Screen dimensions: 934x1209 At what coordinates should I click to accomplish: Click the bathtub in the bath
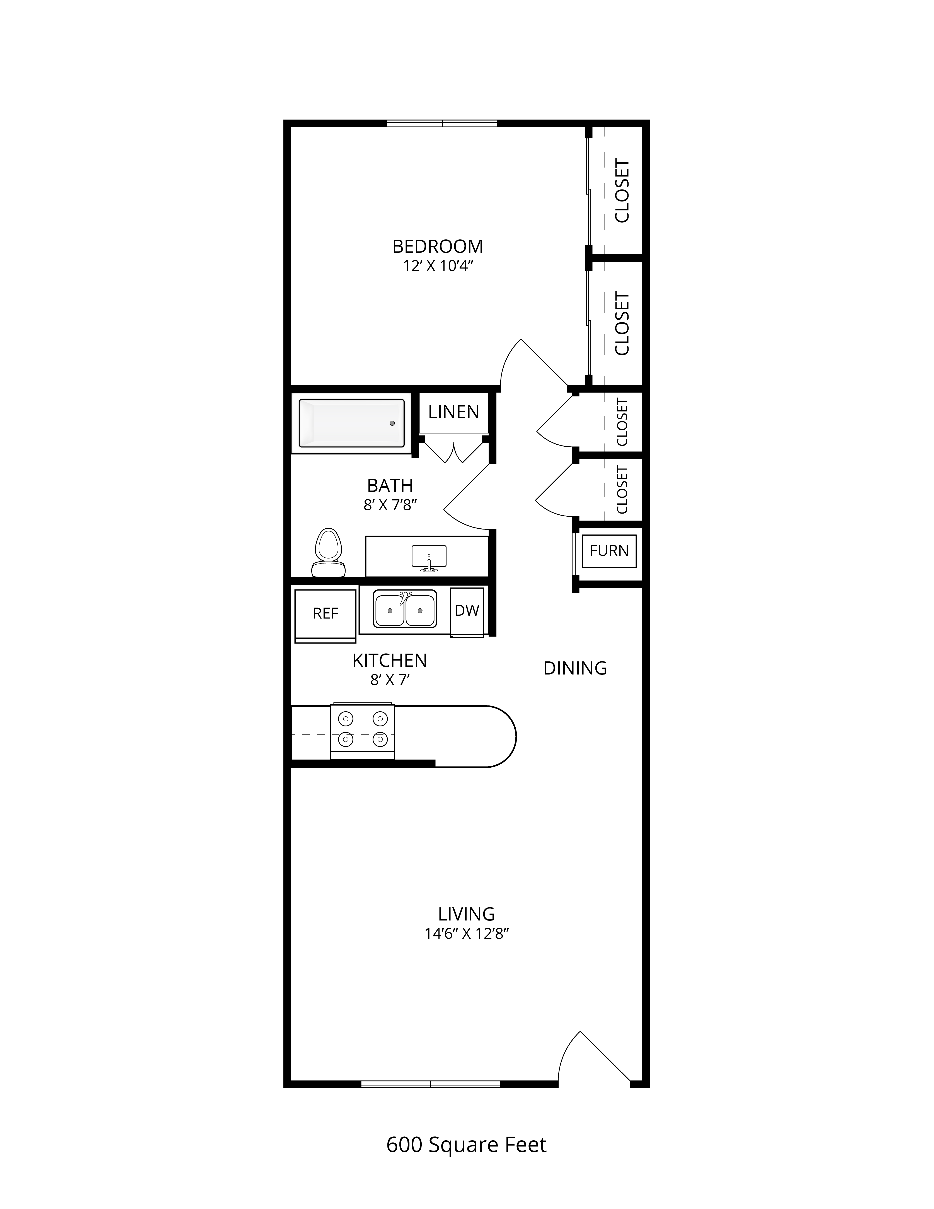click(351, 423)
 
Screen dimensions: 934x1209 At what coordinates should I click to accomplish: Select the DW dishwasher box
click(467, 612)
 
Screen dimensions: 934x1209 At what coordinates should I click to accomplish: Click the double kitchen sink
click(404, 609)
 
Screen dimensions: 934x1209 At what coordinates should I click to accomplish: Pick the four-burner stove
click(362, 731)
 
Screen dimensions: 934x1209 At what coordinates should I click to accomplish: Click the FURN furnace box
click(609, 551)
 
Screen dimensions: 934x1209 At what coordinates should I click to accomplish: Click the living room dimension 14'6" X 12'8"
click(466, 934)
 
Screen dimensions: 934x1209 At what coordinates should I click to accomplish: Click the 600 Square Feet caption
click(466, 1145)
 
